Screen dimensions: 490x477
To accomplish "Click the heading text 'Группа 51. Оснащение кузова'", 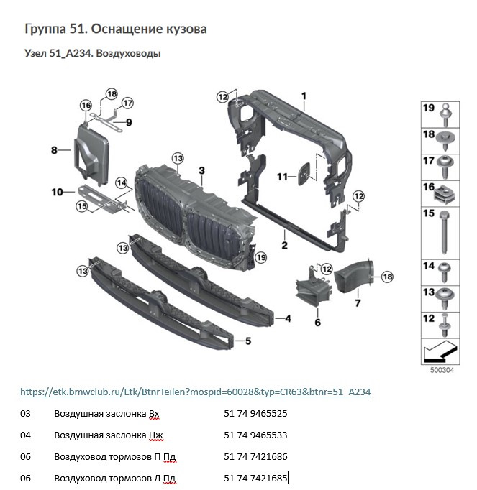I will (x=116, y=29).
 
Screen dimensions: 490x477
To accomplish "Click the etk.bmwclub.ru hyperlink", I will (x=195, y=392).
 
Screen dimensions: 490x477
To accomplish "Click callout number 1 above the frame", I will (x=304, y=96).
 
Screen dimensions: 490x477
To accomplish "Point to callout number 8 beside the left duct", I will (x=54, y=150).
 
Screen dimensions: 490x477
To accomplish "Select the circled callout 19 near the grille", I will (x=260, y=256).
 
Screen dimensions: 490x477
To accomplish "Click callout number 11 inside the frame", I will (x=282, y=176).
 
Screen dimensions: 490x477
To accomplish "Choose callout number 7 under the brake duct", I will (x=357, y=303).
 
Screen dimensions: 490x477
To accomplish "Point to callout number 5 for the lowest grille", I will (x=249, y=341).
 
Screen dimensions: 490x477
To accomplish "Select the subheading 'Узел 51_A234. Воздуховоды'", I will (x=92, y=53).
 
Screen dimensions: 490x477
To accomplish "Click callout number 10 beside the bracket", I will (x=58, y=192).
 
